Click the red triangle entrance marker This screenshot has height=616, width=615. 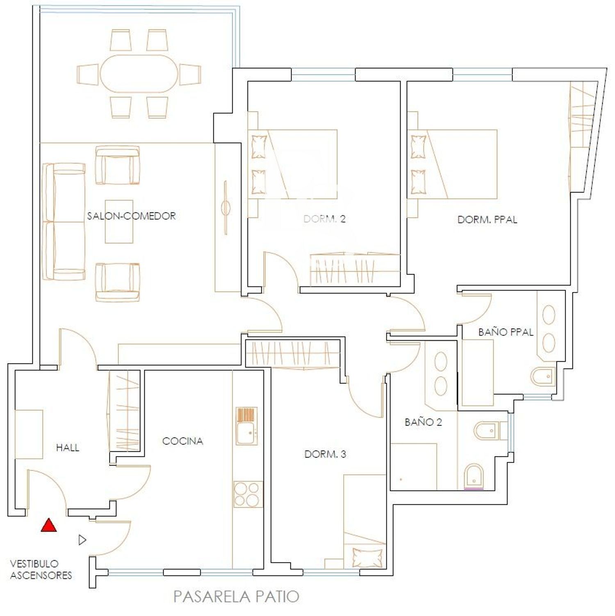49,525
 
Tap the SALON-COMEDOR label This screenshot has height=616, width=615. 131,216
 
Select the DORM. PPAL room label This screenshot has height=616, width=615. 487,220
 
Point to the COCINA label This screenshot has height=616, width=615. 182,441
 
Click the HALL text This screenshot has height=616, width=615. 68,448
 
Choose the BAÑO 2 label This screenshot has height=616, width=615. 423,422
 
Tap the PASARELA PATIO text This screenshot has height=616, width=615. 236,596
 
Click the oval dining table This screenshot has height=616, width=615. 139,74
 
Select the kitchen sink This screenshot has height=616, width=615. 246,426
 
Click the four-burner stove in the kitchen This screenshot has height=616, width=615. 248,494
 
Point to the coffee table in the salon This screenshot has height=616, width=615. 119,222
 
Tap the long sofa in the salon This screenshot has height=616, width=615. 64,222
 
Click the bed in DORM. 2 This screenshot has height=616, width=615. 292,164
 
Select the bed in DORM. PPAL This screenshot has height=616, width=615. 452,164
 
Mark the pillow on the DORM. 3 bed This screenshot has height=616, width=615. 367,558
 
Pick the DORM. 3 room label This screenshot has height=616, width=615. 325,454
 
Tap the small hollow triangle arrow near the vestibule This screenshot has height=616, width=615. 82,540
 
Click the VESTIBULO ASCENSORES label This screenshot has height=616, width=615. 41,570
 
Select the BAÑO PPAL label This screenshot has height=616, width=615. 506,332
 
